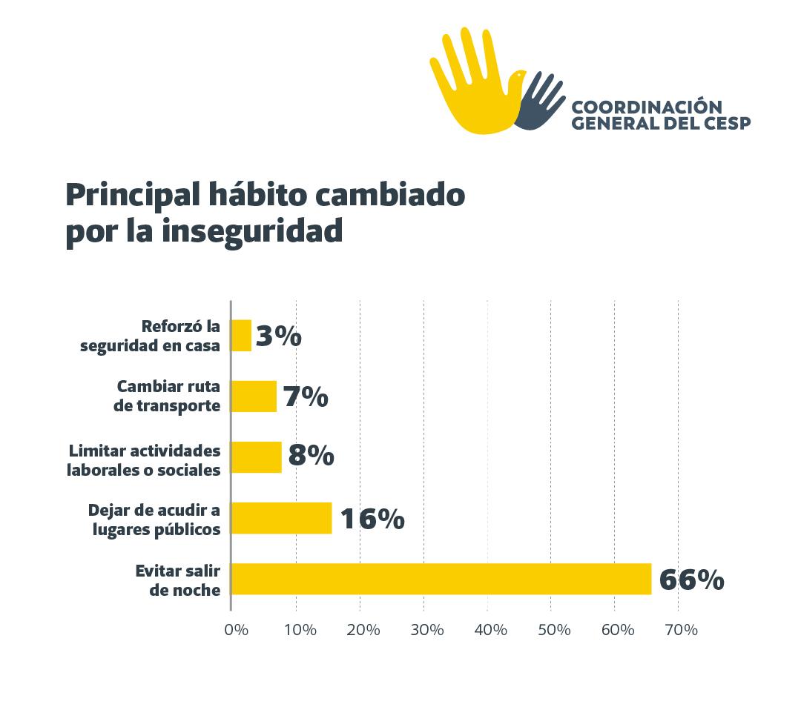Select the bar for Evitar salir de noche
(441, 579)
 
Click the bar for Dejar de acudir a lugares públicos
(282, 518)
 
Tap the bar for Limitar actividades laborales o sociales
(257, 457)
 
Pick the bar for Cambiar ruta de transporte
(254, 396)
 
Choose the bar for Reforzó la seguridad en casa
(242, 336)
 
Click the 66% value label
(691, 580)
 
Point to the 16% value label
(372, 519)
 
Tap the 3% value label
(278, 337)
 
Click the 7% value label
(305, 398)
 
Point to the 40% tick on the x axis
(490, 630)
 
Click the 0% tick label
(236, 630)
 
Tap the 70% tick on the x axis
(681, 630)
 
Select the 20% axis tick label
(363, 630)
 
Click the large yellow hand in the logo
(471, 85)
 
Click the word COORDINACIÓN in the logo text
(647, 107)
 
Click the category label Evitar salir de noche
(178, 580)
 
